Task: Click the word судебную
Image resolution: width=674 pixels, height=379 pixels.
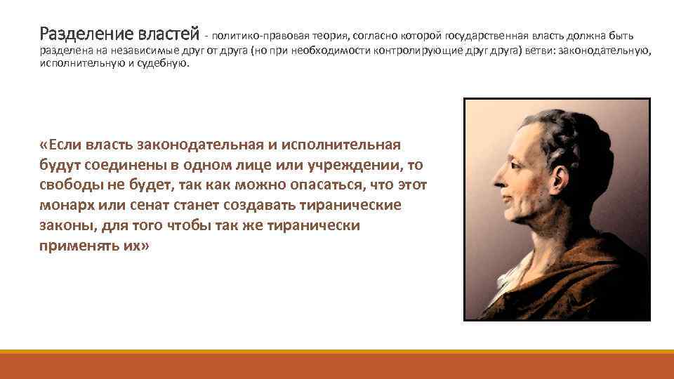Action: coord(166,63)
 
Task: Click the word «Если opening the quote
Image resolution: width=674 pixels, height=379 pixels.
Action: coord(61,145)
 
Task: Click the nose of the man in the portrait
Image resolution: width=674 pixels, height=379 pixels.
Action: coord(494,172)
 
